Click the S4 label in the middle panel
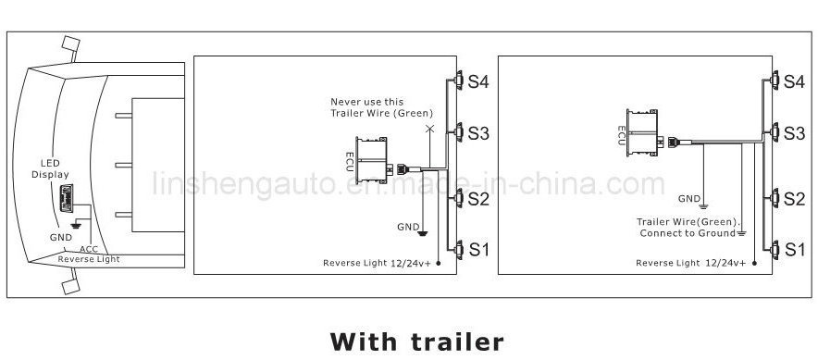pos(477,82)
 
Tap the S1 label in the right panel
pos(795,250)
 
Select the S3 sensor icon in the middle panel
pos(459,132)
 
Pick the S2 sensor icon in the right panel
pos(775,199)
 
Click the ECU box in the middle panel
pos(371,161)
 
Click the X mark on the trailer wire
pos(429,128)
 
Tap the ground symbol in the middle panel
pos(423,232)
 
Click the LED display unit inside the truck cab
pos(67,198)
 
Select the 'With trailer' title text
pos(416,341)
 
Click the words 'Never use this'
pos(366,102)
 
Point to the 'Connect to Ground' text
pos(688,233)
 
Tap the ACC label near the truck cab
pos(89,249)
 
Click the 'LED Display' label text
pos(50,169)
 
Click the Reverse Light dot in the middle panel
pos(438,263)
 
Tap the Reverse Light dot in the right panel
pos(754,263)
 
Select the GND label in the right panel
pos(689,199)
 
